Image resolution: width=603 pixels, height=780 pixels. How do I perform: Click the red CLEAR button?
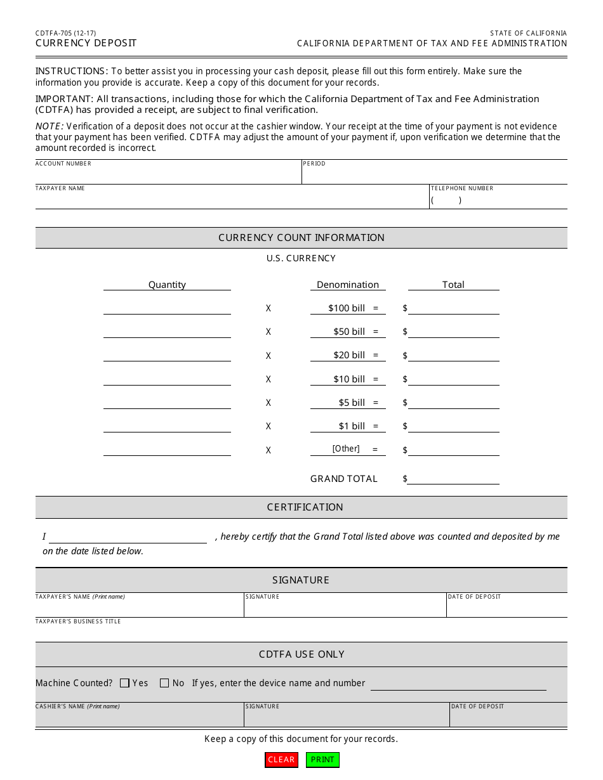pyautogui.click(x=281, y=760)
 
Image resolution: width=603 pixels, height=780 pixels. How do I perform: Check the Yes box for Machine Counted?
pyautogui.click(x=125, y=683)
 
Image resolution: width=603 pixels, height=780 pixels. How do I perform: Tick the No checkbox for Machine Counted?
pyautogui.click(x=164, y=683)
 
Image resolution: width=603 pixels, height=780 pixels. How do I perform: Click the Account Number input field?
pyautogui.click(x=168, y=176)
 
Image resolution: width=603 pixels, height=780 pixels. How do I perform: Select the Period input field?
pyautogui.click(x=434, y=176)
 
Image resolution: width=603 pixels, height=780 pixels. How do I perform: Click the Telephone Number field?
pyautogui.click(x=498, y=200)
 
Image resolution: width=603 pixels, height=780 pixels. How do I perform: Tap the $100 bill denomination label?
pyautogui.click(x=347, y=308)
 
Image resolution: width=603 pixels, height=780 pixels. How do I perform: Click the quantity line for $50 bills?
pyautogui.click(x=167, y=331)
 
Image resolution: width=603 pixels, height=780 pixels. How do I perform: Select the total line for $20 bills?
pyautogui.click(x=453, y=355)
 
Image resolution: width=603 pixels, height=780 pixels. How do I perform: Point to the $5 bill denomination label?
pyautogui.click(x=352, y=403)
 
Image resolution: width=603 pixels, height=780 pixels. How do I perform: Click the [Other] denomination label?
pyautogui.click(x=346, y=449)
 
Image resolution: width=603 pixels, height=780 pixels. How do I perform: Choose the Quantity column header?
pyautogui.click(x=167, y=285)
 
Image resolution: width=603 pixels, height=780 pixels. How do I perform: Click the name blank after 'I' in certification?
pyautogui.click(x=128, y=536)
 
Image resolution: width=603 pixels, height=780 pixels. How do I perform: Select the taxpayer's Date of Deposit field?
pyautogui.click(x=507, y=609)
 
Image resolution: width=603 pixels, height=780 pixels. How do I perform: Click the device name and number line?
pyautogui.click(x=458, y=684)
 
